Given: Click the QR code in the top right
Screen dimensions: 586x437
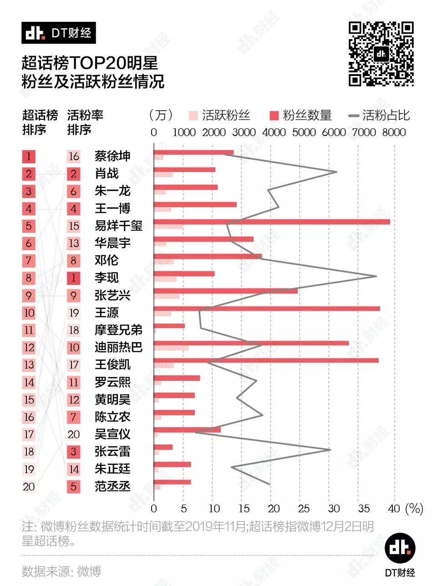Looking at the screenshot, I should [381, 54].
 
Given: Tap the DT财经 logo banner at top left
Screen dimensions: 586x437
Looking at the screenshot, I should [59, 33].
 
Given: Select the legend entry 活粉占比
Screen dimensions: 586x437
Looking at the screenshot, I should [379, 116].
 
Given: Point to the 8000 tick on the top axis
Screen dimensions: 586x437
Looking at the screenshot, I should [394, 132].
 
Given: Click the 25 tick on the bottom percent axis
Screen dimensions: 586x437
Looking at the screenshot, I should [304, 509].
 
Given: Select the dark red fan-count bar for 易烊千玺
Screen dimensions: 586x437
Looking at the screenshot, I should [272, 222].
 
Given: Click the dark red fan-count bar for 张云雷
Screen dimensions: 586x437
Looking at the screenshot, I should [163, 447].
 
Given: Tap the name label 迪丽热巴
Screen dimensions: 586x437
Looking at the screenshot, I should [118, 348].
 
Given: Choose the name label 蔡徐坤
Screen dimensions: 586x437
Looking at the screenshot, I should [112, 157].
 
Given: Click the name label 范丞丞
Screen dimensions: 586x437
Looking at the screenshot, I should [112, 486].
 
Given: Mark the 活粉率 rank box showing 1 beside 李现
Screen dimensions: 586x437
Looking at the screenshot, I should [74, 278].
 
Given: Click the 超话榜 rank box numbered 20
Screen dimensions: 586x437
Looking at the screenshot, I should [29, 487].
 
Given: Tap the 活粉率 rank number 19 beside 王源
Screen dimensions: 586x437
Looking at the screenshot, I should [74, 313].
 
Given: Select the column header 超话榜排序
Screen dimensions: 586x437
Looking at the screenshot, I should [40, 122].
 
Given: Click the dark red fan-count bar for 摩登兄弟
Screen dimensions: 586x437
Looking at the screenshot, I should [169, 326].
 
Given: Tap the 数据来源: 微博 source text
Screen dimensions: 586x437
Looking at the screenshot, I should [61, 571].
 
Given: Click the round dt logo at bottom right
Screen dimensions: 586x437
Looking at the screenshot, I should [400, 548].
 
